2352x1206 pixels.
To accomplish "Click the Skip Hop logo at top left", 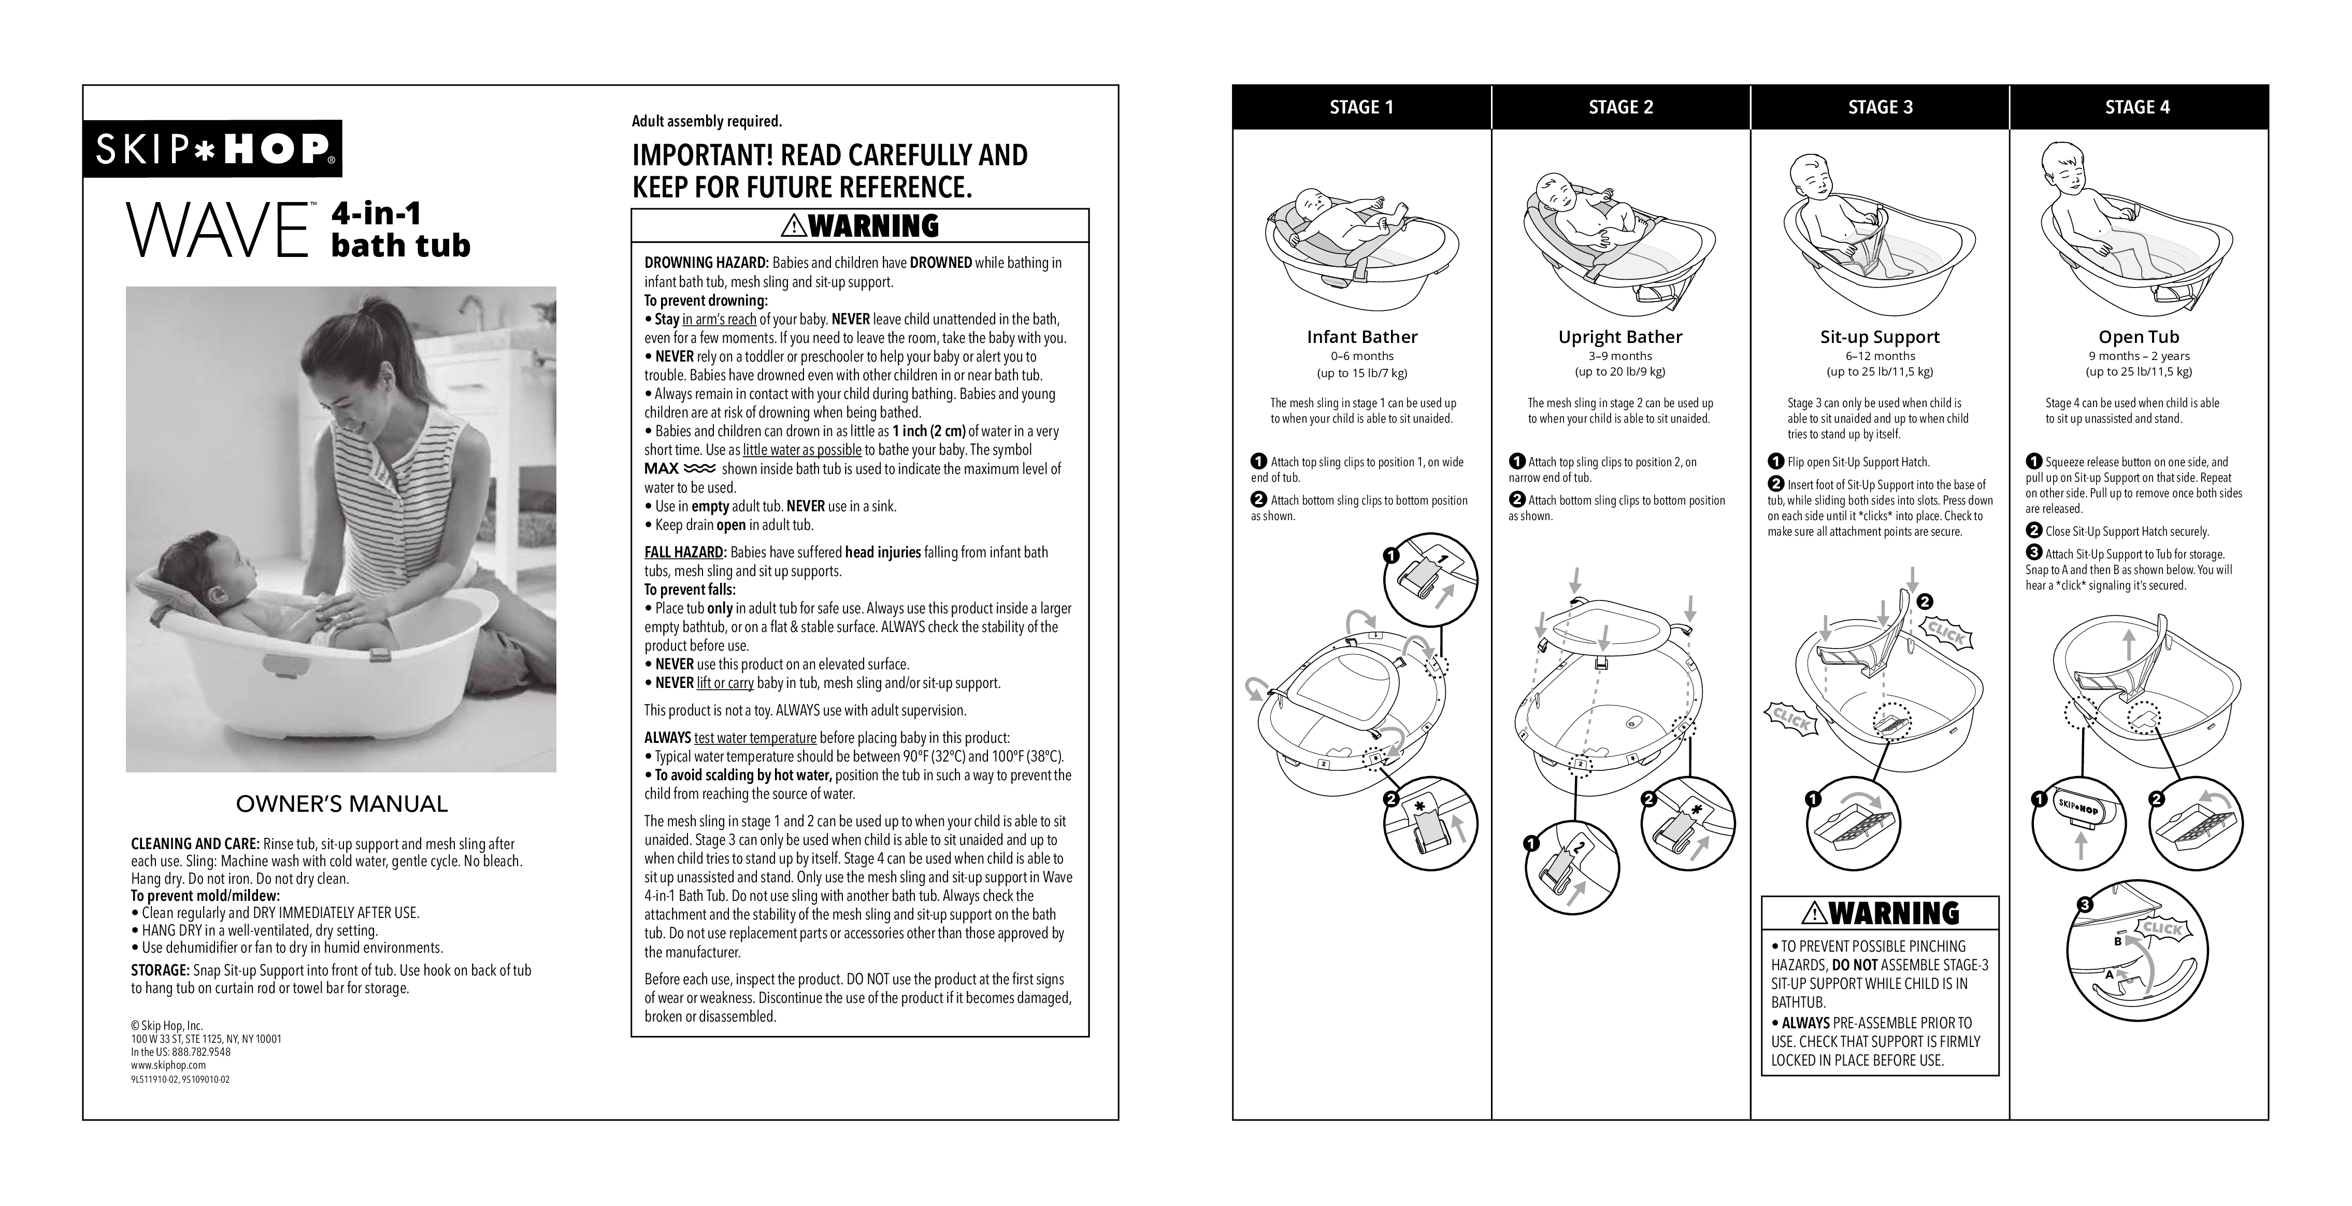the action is (213, 149).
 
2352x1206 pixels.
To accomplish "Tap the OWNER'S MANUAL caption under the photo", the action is (341, 805).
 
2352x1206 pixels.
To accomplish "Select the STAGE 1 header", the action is (1361, 107).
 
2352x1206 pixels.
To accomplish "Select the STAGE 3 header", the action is (1880, 107).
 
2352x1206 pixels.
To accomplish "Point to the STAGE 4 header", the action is (2138, 107).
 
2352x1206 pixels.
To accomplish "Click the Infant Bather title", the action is (1361, 337).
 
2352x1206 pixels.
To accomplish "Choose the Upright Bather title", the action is (1620, 337).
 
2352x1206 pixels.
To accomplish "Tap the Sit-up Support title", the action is (1880, 337).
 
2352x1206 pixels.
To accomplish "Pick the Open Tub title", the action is (2139, 337).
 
